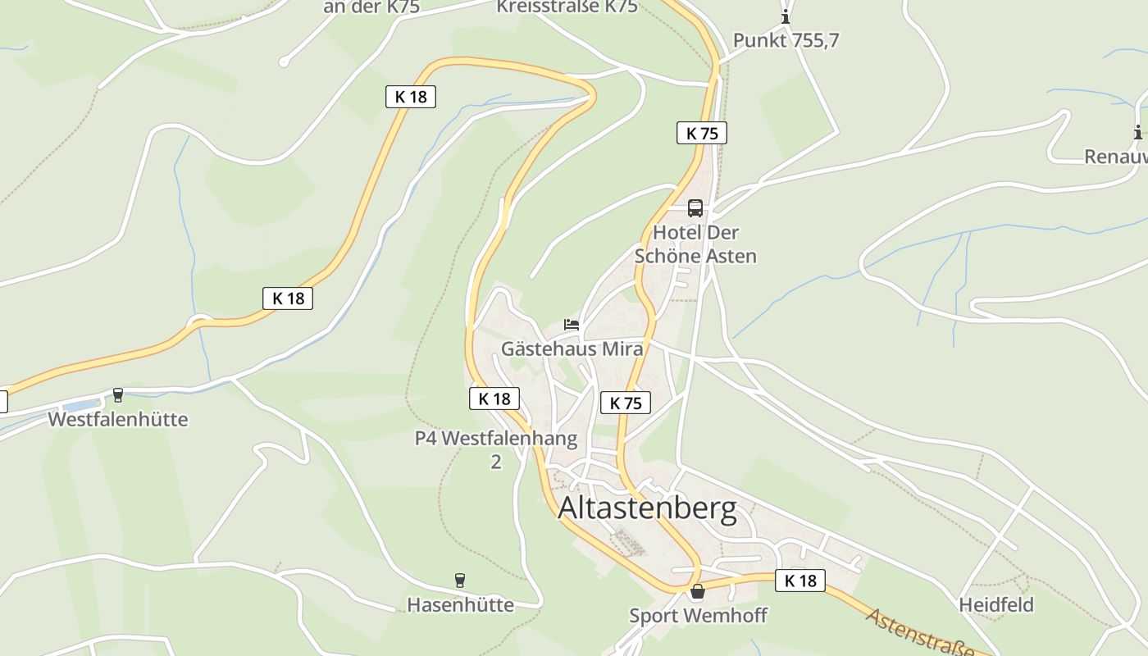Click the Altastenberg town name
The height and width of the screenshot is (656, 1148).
click(647, 509)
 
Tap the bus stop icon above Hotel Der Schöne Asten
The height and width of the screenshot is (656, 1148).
click(695, 208)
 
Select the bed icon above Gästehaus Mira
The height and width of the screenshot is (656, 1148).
click(572, 325)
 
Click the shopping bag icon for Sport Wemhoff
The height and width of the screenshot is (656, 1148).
click(697, 591)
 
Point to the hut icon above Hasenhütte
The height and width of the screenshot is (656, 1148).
click(460, 581)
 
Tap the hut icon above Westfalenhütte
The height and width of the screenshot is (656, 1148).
click(118, 395)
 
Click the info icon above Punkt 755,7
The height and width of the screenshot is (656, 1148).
click(786, 16)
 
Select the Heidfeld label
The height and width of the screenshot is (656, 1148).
click(996, 605)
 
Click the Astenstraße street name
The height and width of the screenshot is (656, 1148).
click(919, 634)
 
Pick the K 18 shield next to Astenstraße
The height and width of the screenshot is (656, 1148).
click(799, 581)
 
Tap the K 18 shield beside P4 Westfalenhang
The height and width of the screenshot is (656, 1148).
click(494, 399)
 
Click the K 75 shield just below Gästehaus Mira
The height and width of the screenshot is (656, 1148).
click(626, 403)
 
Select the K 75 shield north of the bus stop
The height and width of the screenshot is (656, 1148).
click(702, 133)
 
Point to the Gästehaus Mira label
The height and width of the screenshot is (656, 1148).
click(572, 348)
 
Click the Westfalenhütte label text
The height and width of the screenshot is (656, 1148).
click(118, 419)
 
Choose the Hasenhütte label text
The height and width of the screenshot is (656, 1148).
click(460, 605)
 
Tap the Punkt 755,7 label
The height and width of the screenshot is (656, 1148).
click(786, 40)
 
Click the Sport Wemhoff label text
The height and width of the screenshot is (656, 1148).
click(698, 615)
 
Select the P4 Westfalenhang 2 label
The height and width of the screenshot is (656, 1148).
click(496, 449)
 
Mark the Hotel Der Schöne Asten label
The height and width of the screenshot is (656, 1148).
click(695, 244)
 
